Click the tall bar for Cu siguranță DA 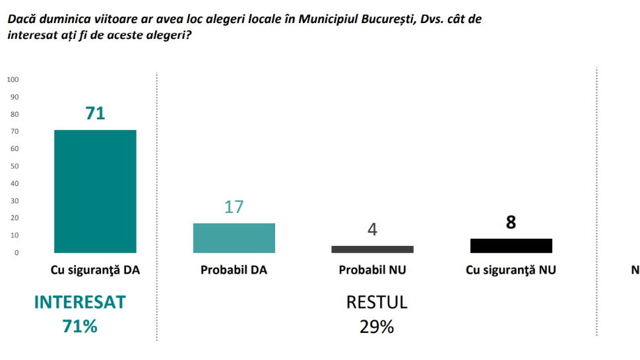[95, 191]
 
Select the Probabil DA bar [234, 238]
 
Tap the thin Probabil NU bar [372, 249]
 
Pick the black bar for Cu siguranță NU [511, 246]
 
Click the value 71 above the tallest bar [95, 113]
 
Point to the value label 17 [234, 206]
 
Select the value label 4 [372, 231]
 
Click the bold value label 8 [511, 223]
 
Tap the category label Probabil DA [234, 270]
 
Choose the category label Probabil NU [372, 270]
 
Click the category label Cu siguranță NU [511, 270]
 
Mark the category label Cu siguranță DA [95, 270]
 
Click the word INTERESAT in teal [80, 303]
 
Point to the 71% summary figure [80, 326]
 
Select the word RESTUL [377, 303]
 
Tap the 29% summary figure [377, 326]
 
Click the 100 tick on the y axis [13, 80]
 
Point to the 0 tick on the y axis [16, 253]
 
